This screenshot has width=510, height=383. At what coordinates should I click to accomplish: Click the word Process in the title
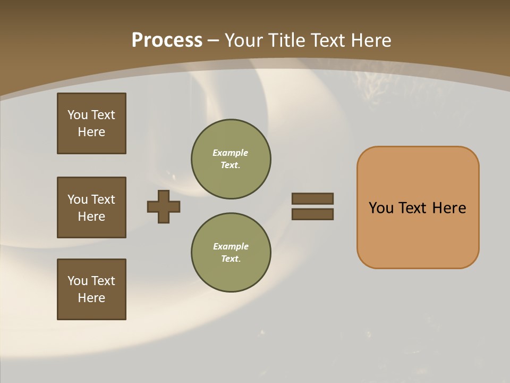[167, 40]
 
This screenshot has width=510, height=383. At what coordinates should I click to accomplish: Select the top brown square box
[91, 123]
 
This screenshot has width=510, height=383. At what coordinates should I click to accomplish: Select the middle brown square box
[91, 207]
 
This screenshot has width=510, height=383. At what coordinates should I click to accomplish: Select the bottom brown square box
[91, 289]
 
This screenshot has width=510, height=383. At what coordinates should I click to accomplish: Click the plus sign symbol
[164, 206]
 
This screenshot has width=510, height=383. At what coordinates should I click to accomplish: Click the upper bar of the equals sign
[312, 199]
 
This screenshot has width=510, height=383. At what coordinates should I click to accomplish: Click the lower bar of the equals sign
[312, 214]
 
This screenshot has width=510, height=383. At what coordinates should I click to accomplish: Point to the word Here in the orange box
[449, 208]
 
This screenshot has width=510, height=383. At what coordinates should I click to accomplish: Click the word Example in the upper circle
[230, 153]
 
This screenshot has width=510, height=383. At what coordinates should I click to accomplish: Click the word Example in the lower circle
[231, 246]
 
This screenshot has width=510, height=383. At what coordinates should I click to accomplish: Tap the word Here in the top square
[91, 132]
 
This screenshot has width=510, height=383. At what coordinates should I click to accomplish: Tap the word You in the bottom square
[78, 281]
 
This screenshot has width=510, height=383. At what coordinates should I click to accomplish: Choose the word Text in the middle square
[103, 199]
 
